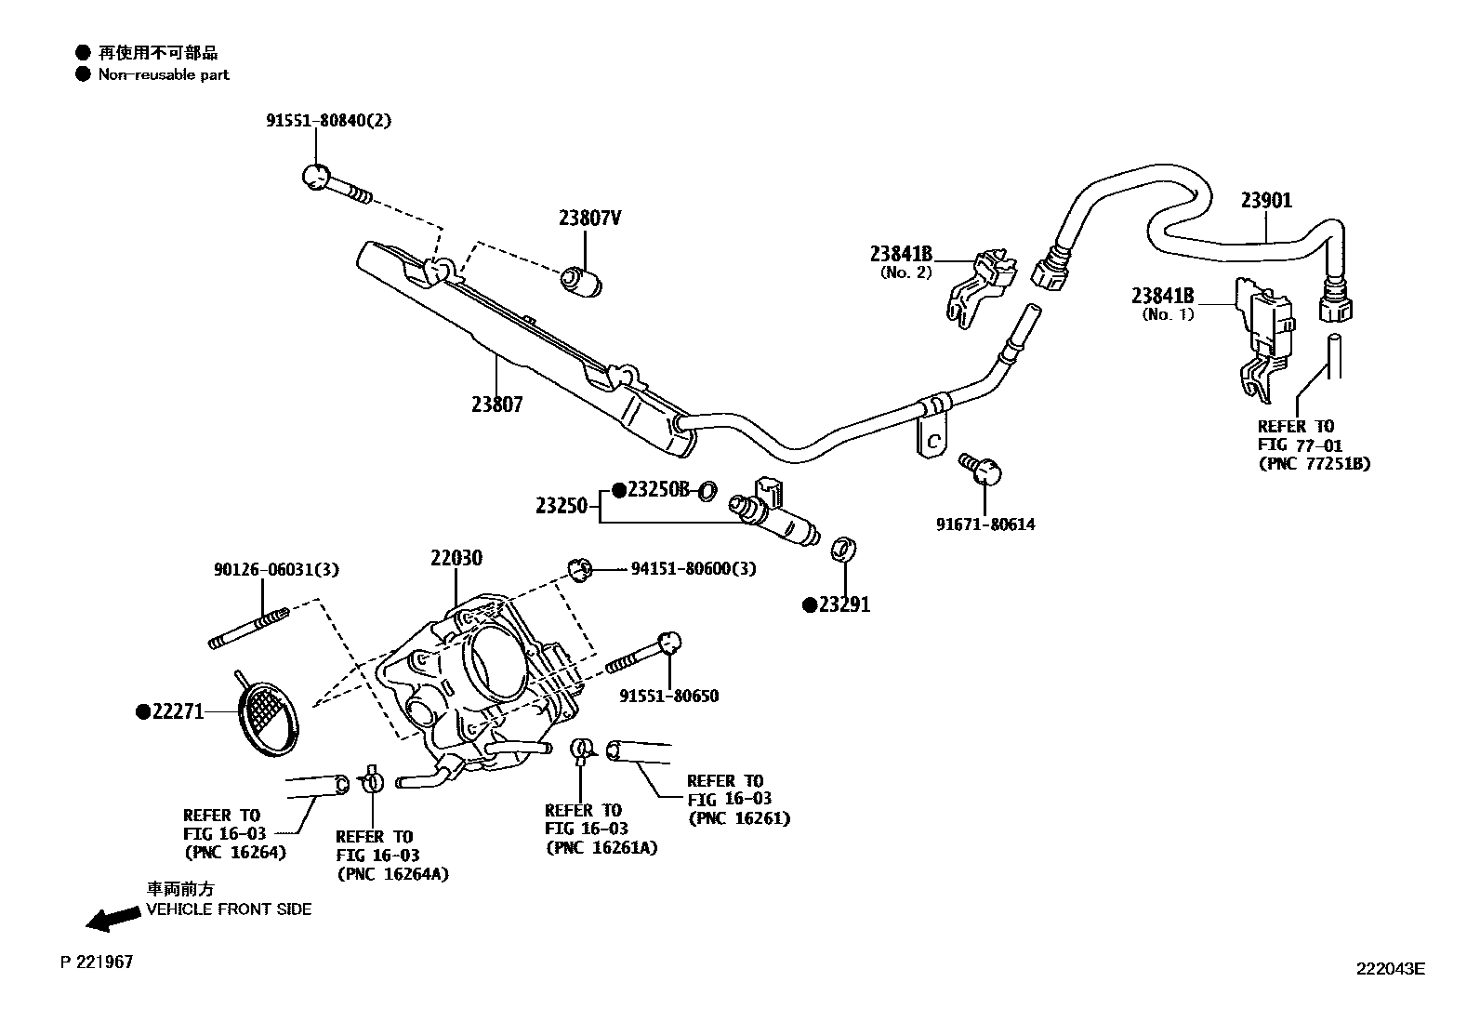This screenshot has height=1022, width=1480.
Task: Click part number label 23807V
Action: point(589,219)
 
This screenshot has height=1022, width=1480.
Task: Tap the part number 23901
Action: point(1266,200)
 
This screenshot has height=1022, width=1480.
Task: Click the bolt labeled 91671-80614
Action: point(984,469)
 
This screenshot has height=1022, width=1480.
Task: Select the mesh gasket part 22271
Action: point(267,711)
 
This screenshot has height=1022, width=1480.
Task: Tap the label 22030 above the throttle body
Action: point(456,558)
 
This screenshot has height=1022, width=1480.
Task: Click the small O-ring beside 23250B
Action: point(707,490)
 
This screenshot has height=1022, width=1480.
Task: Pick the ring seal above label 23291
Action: point(843,549)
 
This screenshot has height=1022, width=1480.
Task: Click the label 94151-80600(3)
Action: point(693,568)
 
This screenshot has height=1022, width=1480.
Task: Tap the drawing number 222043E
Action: point(1389,968)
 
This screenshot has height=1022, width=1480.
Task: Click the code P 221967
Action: point(97,962)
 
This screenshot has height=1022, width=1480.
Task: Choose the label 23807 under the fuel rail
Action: point(496,405)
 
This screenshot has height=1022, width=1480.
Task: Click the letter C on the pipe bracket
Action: point(934,443)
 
